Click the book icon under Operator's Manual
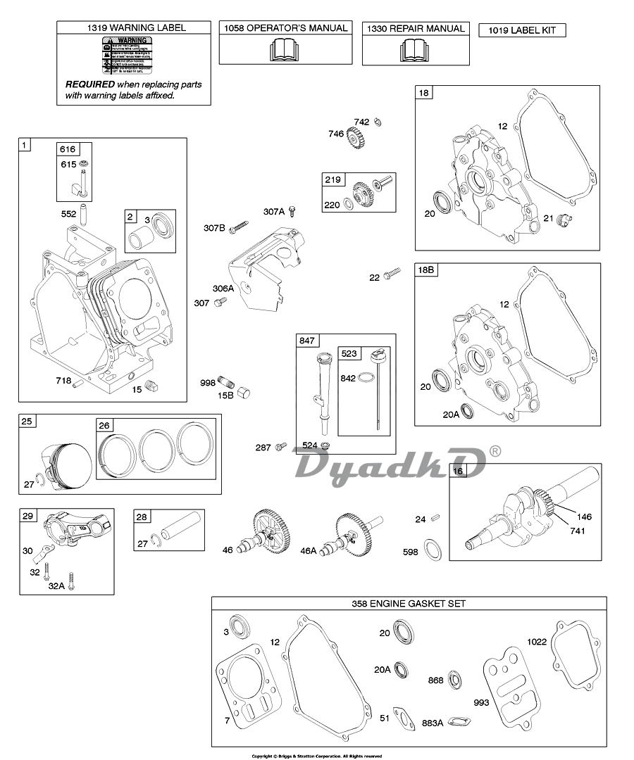[285, 50]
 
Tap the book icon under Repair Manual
[415, 50]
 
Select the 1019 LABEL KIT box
[521, 30]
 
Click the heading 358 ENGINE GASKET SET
[409, 604]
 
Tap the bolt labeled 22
[393, 274]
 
